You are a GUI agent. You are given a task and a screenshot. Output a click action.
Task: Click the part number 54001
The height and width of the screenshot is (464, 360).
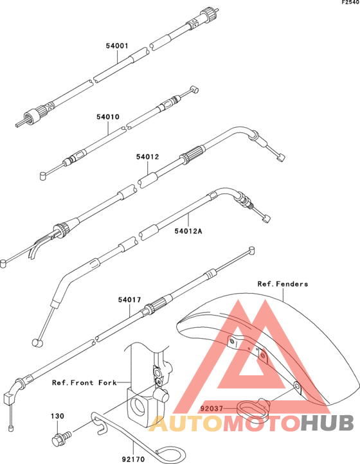point(117,46)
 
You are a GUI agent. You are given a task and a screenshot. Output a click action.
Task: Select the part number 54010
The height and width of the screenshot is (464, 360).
point(108,117)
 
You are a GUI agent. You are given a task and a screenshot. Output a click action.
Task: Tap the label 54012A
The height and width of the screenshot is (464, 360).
point(188,231)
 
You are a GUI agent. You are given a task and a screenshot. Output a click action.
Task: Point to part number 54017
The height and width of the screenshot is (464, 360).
point(130,299)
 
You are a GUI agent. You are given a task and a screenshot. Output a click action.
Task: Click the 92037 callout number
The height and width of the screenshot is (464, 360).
point(212,409)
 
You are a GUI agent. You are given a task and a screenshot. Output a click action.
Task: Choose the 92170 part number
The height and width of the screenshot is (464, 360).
point(133,460)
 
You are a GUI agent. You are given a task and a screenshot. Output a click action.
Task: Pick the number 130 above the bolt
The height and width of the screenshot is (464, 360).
point(57,416)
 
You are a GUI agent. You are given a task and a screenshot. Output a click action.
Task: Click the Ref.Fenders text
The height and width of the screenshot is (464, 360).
point(283,284)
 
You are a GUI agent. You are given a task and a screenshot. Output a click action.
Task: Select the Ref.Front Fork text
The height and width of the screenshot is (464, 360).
point(85,382)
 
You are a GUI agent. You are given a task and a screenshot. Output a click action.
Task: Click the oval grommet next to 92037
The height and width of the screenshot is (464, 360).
point(252,408)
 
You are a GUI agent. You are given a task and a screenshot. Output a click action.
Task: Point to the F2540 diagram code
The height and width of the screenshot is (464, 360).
point(350,3)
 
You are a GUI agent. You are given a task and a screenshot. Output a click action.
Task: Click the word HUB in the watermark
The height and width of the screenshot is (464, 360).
point(327,423)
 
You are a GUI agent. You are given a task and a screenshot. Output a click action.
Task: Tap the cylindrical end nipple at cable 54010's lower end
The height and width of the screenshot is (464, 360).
point(43,175)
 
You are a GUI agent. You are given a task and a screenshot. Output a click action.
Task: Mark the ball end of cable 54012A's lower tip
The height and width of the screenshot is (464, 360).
point(37,343)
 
